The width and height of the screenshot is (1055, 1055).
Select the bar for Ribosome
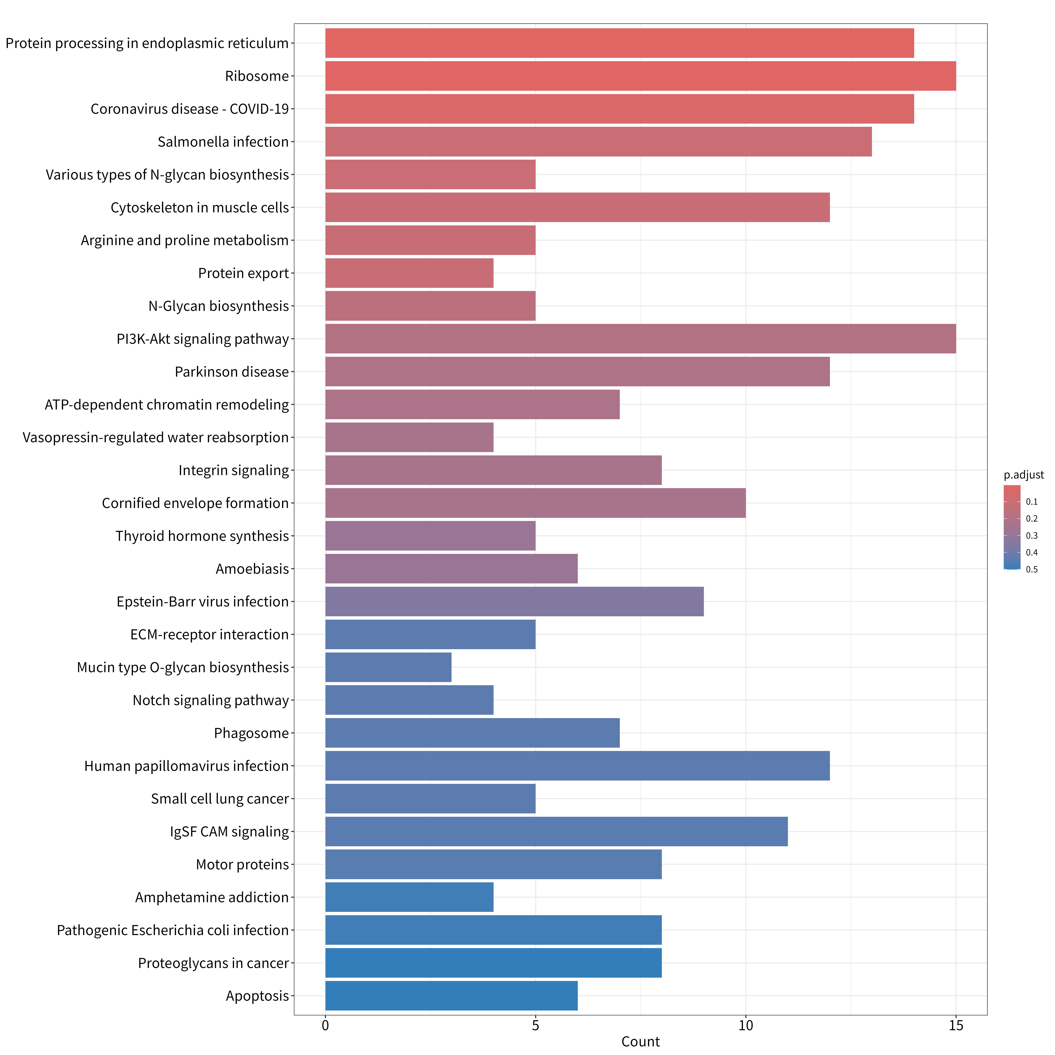pyautogui.click(x=641, y=76)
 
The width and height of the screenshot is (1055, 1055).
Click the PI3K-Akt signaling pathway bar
pyautogui.click(x=641, y=338)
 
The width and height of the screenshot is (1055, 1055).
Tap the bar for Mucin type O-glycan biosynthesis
pyautogui.click(x=388, y=667)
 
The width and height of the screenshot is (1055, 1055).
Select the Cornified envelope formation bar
pyautogui.click(x=536, y=503)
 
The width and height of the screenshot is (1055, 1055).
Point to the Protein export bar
pyautogui.click(x=410, y=273)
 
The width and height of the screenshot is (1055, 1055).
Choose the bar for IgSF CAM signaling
pyautogui.click(x=557, y=832)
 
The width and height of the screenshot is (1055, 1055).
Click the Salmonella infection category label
pyautogui.click(x=223, y=142)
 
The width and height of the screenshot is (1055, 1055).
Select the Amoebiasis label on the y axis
pyautogui.click(x=252, y=569)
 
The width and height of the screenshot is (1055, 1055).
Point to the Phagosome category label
pyautogui.click(x=251, y=733)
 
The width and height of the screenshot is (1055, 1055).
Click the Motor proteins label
pyautogui.click(x=242, y=864)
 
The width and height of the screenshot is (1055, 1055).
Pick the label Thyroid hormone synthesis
pyautogui.click(x=202, y=536)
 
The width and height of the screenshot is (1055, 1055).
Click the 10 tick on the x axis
pyautogui.click(x=746, y=1025)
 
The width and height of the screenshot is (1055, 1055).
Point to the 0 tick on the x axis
pyautogui.click(x=325, y=1025)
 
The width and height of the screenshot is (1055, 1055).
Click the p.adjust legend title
pyautogui.click(x=1024, y=475)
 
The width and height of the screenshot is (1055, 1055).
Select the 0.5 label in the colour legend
pyautogui.click(x=1031, y=570)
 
